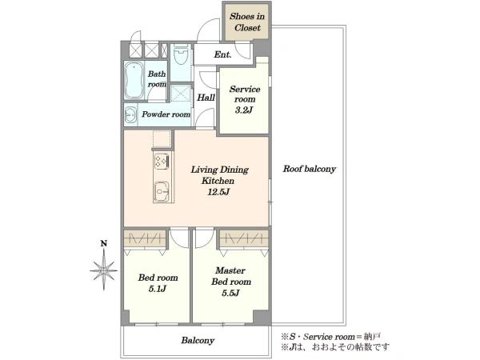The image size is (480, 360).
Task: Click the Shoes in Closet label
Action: pyautogui.click(x=247, y=22)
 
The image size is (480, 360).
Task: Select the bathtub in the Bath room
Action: pyautogui.click(x=134, y=80)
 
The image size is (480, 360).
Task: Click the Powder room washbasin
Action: pyautogui.click(x=131, y=114)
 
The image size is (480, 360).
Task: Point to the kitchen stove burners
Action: pyautogui.click(x=162, y=161)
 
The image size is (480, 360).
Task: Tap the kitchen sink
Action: pyautogui.click(x=162, y=192)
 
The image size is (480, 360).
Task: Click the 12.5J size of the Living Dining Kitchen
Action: pyautogui.click(x=218, y=192)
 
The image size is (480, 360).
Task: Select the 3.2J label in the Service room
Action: pyautogui.click(x=244, y=110)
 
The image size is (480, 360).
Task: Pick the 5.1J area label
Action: pyautogui.click(x=158, y=289)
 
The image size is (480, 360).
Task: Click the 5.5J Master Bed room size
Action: pyautogui.click(x=230, y=293)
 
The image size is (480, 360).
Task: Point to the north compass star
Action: pyautogui.click(x=104, y=270)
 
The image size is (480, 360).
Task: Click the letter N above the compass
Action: pyautogui.click(x=104, y=244)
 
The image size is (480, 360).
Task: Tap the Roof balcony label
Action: pyautogui.click(x=309, y=169)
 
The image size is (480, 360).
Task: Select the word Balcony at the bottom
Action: pyautogui.click(x=198, y=341)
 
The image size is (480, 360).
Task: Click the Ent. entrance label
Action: pyautogui.click(x=222, y=54)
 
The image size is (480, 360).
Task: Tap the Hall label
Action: pyautogui.click(x=206, y=98)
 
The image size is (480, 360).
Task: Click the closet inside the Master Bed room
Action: pyautogui.click(x=244, y=238)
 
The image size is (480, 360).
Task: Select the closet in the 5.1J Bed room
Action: pyautogui.click(x=145, y=238)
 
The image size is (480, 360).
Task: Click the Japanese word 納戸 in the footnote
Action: pyautogui.click(x=372, y=337)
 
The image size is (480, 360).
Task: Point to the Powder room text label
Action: pyautogui.click(x=166, y=114)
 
